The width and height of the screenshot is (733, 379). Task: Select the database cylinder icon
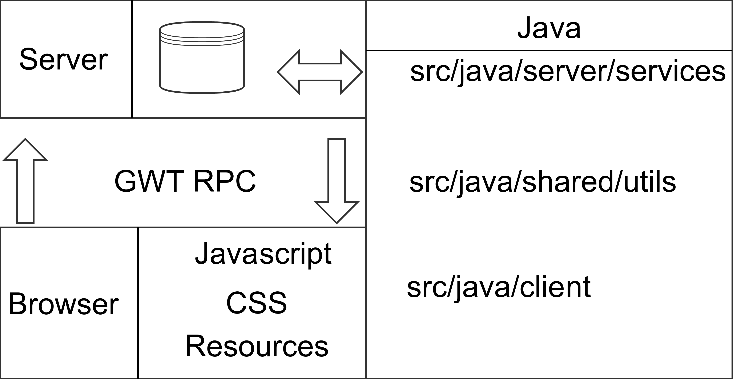(202, 57)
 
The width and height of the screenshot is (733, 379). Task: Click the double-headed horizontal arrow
(320, 72)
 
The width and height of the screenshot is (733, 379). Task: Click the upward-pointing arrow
(25, 181)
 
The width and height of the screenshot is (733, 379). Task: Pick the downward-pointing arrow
(337, 181)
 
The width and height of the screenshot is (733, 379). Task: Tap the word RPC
(225, 181)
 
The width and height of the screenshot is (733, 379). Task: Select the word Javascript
(263, 254)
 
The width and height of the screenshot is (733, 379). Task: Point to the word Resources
(257, 346)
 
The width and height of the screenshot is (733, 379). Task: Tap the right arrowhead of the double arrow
(352, 72)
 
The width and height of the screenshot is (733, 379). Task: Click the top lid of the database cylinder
(202, 29)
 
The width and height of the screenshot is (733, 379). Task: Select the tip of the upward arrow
(25, 139)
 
